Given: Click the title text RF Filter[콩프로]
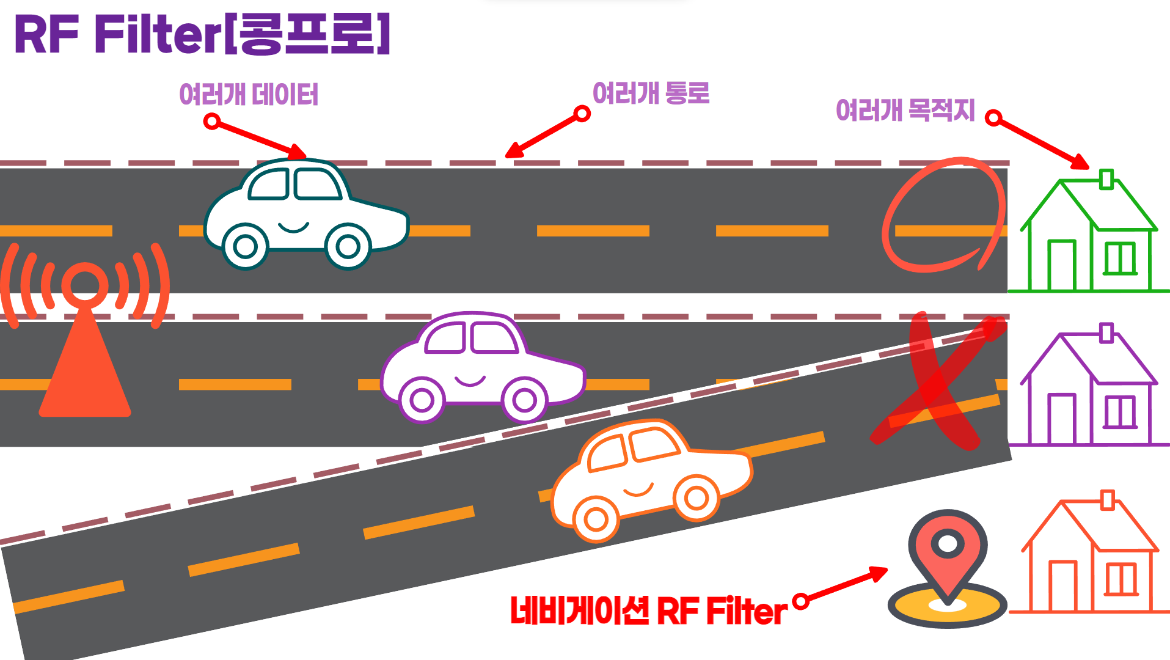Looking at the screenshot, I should tap(202, 35).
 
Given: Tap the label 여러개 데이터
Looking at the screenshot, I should tap(249, 95).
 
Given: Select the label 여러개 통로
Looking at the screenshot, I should tap(651, 93).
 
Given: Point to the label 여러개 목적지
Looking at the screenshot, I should tap(905, 110).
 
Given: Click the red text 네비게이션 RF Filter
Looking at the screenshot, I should tap(648, 610).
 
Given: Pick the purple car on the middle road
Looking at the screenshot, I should tap(483, 367).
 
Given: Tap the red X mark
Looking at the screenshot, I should tap(935, 382).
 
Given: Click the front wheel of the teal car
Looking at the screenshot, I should tap(348, 247).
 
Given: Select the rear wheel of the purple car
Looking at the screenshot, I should tap(422, 400).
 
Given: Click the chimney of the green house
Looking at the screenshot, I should tap(1106, 179).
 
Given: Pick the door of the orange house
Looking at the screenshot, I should tap(1062, 586).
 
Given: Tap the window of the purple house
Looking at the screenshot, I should tap(1120, 412).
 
